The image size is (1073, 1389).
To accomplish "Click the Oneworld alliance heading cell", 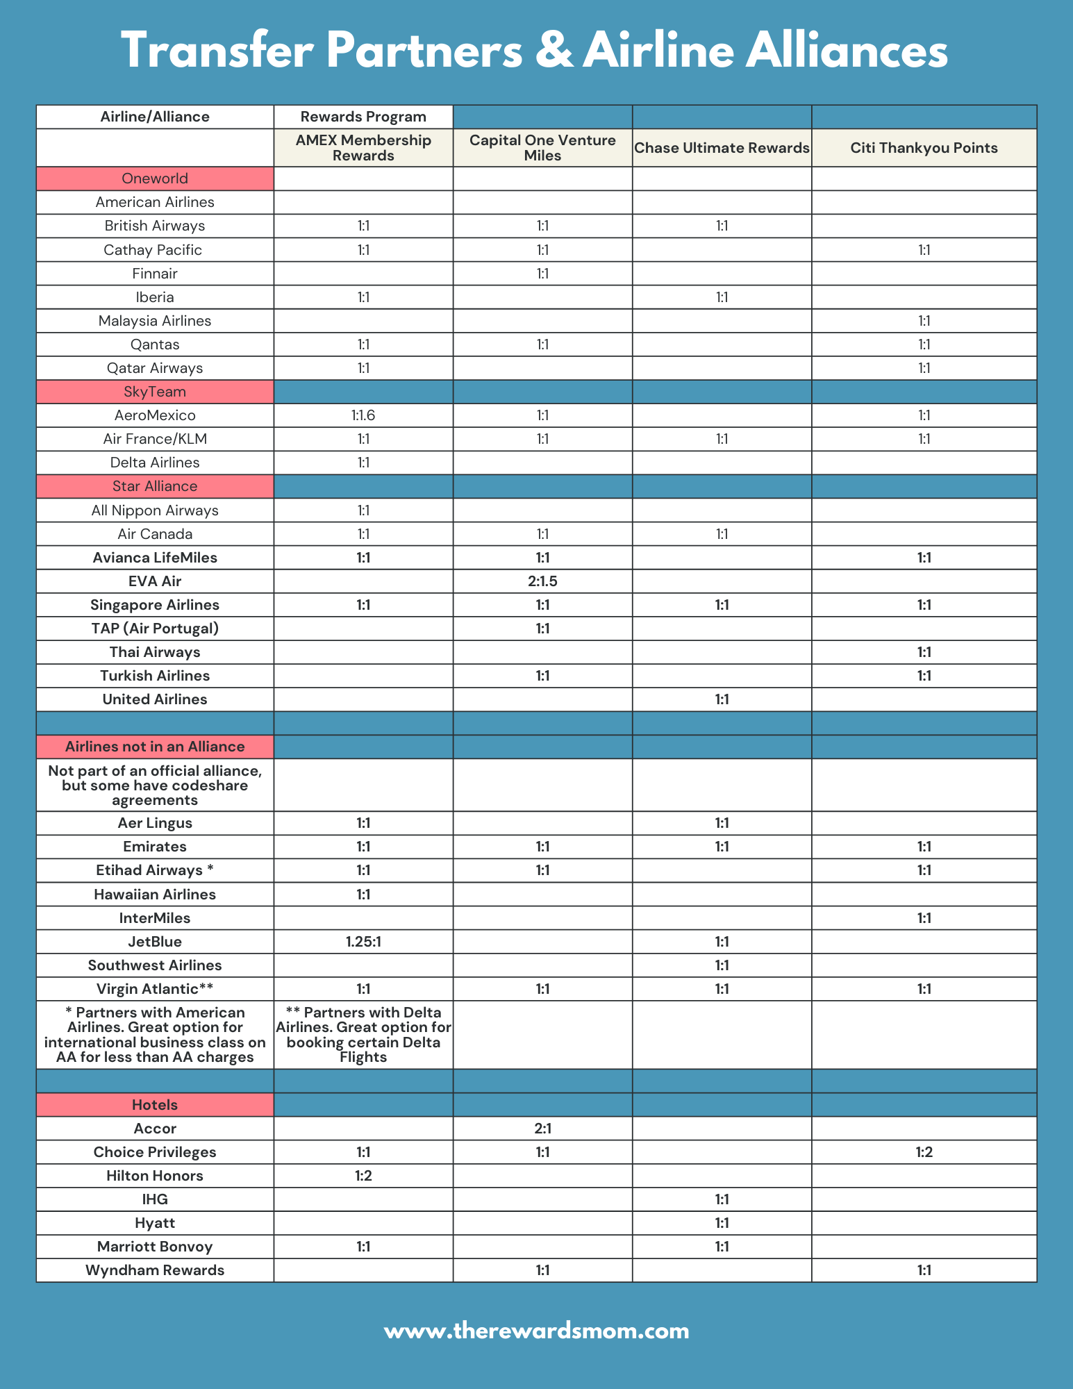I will click(x=155, y=178).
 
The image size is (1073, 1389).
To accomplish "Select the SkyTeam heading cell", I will click(x=155, y=392).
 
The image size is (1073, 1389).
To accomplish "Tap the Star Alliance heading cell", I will click(x=155, y=486).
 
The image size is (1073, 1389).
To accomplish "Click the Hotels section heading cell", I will click(x=155, y=1104).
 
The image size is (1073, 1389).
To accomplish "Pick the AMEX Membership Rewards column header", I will click(x=363, y=148).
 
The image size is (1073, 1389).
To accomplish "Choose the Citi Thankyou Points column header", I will click(x=924, y=148).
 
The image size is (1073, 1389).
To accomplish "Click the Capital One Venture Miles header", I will click(x=542, y=148).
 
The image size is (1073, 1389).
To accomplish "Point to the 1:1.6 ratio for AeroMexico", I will click(x=363, y=415).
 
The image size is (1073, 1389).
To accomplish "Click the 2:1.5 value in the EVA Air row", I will click(x=542, y=581).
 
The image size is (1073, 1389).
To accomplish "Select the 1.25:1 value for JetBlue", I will click(x=363, y=942).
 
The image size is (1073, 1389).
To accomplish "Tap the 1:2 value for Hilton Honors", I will click(x=363, y=1176).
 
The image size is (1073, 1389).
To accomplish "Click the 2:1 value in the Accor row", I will click(x=542, y=1129).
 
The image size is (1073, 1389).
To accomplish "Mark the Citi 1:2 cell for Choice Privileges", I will click(x=924, y=1152).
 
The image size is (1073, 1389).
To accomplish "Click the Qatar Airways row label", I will click(x=155, y=368).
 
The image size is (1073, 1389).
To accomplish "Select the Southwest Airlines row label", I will click(x=155, y=965).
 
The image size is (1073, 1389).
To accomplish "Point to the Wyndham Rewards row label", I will click(x=155, y=1270).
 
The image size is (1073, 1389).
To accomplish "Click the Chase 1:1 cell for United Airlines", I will click(x=722, y=699).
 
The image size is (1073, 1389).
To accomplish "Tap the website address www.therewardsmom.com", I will click(x=536, y=1331).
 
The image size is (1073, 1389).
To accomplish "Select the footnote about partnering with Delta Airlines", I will click(x=363, y=1034).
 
